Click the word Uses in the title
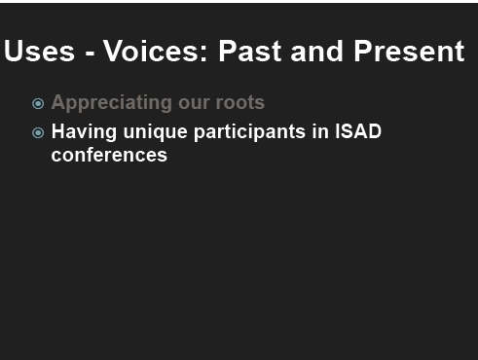[39, 51]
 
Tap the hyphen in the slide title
[90, 54]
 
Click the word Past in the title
[250, 51]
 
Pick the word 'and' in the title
[316, 51]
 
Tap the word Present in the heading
[409, 51]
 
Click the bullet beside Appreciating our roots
[38, 104]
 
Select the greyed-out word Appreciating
[111, 103]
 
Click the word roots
[240, 102]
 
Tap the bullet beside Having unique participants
[38, 132]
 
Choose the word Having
[84, 132]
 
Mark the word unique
[155, 132]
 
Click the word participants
[249, 132]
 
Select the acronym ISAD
[357, 131]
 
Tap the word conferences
[109, 155]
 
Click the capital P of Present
[361, 51]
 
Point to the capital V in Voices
[114, 51]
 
